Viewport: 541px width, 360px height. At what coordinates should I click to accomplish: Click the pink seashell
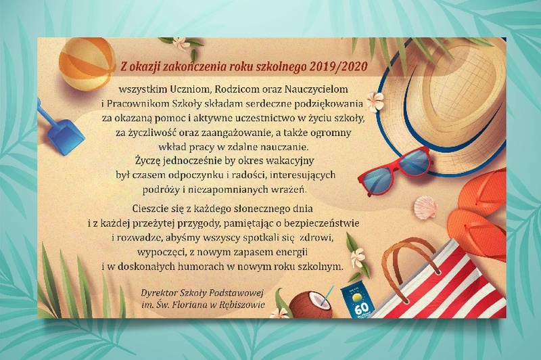[425, 207]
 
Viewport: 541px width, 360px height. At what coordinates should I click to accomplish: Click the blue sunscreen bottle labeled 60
[358, 301]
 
